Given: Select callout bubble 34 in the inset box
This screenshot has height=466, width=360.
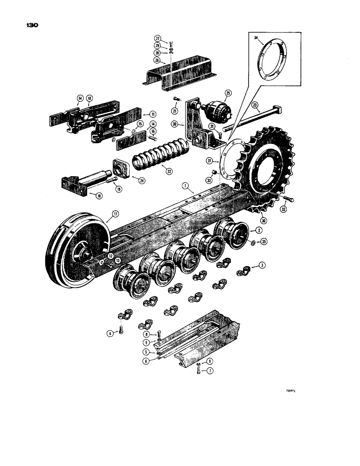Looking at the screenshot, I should (x=256, y=38).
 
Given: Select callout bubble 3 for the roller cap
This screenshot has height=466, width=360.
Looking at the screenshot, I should (x=263, y=265).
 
